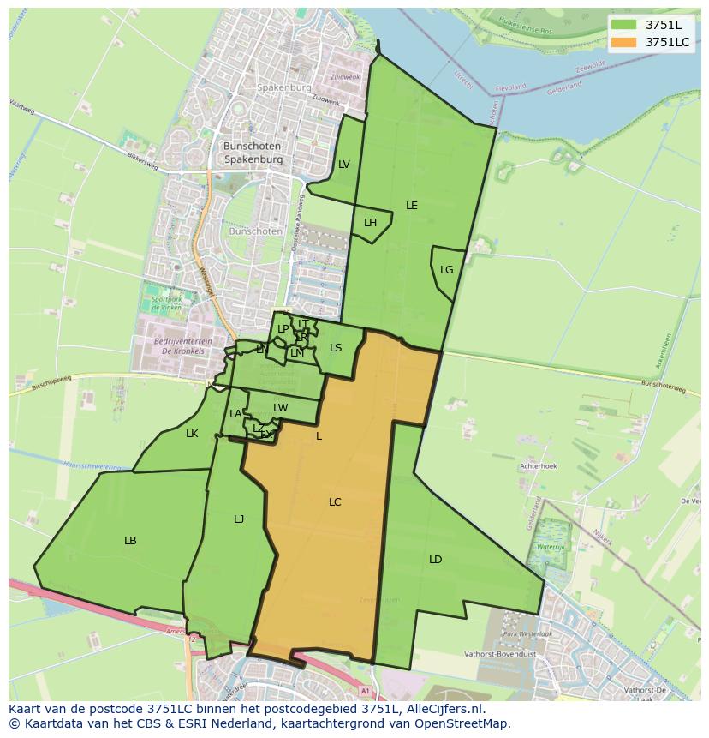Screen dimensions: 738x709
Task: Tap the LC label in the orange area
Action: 335,502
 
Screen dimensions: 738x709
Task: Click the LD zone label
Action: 435,560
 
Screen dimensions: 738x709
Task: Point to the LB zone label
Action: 130,541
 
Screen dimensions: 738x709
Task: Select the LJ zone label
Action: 239,519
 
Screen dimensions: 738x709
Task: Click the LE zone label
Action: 412,206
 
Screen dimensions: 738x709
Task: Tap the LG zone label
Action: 446,270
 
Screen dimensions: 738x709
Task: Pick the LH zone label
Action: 370,223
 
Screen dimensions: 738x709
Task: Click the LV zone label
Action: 343,165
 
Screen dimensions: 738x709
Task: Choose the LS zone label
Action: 336,348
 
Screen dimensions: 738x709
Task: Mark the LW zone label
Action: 280,408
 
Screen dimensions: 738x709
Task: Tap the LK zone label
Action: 192,434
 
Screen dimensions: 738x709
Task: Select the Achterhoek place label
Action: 538,466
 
